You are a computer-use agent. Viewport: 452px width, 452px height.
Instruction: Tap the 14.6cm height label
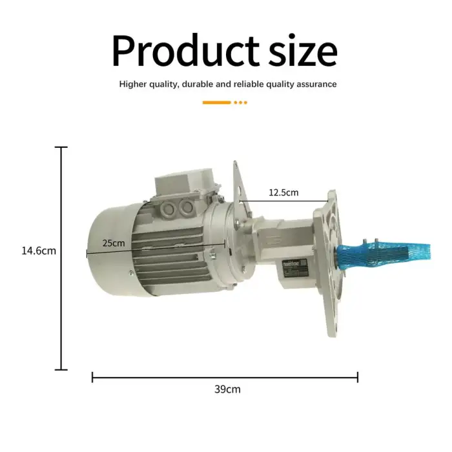39,251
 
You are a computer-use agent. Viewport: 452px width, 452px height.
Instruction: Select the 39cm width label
227,389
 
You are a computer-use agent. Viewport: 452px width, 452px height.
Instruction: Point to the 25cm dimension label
114,243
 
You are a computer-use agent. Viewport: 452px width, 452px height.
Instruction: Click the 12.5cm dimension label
284,192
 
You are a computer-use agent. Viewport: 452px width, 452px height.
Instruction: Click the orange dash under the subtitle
216,102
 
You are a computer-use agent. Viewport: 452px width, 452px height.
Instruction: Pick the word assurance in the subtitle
317,84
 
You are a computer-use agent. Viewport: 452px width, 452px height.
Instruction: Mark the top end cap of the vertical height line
61,147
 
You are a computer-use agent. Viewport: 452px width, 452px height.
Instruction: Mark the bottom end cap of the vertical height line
61,369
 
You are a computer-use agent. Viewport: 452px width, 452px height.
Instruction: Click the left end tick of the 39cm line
92,376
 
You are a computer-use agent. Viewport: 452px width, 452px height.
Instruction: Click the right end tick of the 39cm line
358,376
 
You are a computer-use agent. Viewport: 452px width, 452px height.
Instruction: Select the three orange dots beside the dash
240,102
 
